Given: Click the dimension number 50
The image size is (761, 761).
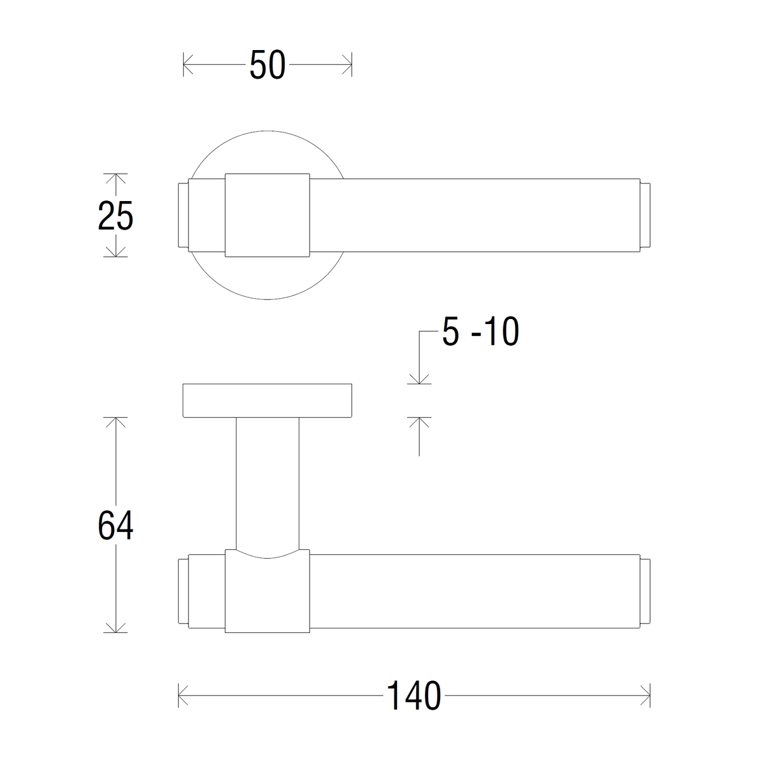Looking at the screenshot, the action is coord(268,65).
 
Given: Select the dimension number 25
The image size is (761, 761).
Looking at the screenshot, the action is coord(115,216).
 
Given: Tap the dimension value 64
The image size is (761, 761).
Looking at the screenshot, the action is coord(115,525).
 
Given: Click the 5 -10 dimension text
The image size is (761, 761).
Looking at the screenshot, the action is coord(480,332).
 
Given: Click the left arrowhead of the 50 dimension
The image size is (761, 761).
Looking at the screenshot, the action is coord(188,65).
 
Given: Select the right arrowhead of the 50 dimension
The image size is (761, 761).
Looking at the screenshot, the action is coord(347,65).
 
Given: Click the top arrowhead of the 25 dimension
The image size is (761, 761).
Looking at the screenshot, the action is coord(115,178).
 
